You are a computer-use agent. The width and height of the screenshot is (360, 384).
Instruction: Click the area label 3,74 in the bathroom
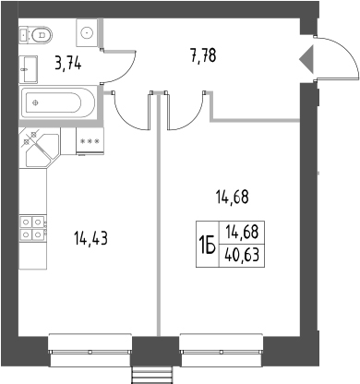pyautogui.click(x=68, y=64)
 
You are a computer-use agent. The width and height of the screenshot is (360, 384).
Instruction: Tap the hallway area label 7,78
pyautogui.click(x=203, y=55)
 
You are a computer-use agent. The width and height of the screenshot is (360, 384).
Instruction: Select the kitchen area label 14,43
pyautogui.click(x=90, y=238)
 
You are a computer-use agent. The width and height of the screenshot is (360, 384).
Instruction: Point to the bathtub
pyautogui.click(x=58, y=102)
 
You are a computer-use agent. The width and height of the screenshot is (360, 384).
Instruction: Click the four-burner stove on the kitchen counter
pyautogui.click(x=32, y=228)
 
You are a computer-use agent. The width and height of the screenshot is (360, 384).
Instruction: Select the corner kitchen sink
pyautogui.click(x=40, y=149)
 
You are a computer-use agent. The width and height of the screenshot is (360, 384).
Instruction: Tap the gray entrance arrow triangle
pyautogui.click(x=306, y=59)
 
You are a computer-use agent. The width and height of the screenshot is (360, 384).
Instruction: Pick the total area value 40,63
pyautogui.click(x=242, y=256)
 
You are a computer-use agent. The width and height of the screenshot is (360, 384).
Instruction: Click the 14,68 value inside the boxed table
pyautogui.click(x=242, y=233)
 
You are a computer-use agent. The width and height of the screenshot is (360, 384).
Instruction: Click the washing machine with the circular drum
pyautogui.click(x=88, y=32)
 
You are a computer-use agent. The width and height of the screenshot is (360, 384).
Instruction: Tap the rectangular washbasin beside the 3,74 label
pyautogui.click(x=29, y=69)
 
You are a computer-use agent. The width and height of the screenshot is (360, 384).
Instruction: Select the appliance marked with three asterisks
pyautogui.click(x=90, y=141)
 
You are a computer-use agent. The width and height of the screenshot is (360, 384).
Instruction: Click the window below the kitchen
pyautogui.click(x=90, y=351)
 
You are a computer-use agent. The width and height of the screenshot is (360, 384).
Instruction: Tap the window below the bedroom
pyautogui.click(x=222, y=351)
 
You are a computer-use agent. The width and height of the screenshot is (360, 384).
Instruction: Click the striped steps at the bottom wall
pyautogui.click(x=151, y=376)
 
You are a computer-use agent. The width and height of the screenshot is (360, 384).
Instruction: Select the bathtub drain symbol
pyautogui.click(x=36, y=102)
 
